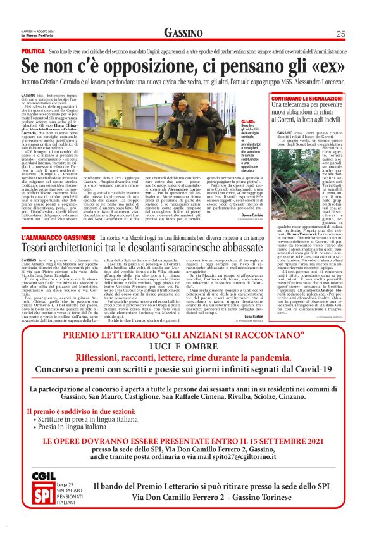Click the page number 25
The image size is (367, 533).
[x=340, y=34]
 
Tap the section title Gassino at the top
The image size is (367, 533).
[x=183, y=33]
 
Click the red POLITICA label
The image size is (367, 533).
[x=33, y=49]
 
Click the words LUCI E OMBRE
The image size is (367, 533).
[x=183, y=346]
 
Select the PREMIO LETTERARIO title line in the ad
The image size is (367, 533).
[x=183, y=334]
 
